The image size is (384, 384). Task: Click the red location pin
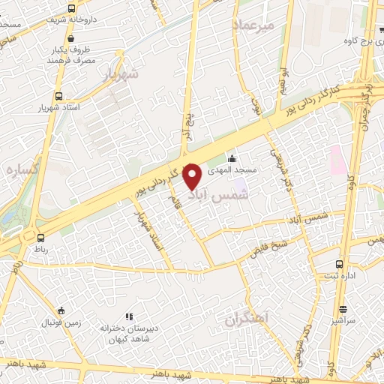coord(193,176)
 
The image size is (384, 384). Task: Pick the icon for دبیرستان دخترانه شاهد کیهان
coord(128,316)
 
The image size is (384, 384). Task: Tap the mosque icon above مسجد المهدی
coord(232,158)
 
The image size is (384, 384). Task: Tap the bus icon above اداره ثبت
coord(340,264)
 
